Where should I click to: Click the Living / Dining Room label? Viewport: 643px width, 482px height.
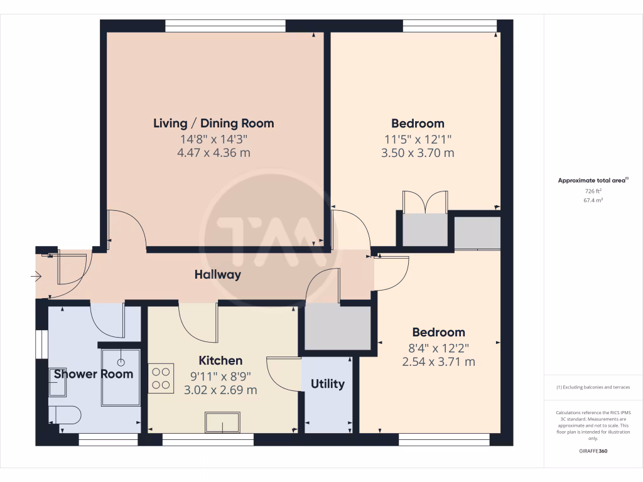pos(213,123)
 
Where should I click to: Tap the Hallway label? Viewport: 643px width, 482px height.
pos(217,274)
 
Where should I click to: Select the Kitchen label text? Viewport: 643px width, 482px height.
pos(220,360)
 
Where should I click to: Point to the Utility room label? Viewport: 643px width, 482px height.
pos(328,383)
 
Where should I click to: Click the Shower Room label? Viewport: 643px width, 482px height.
pos(94,374)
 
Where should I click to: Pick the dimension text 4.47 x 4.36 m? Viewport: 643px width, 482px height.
pos(213,153)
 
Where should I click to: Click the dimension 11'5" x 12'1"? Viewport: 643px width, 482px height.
pos(418,139)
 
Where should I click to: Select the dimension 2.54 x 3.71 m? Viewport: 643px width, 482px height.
pos(438,361)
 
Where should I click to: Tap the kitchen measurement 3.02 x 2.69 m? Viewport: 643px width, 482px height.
pos(220,390)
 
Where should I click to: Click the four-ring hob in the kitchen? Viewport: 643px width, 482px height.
pos(161,378)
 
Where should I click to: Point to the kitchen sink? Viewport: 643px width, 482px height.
pos(222,422)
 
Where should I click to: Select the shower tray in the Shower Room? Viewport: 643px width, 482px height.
pos(121,376)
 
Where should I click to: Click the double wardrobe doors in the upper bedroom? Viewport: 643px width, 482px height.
pos(425,202)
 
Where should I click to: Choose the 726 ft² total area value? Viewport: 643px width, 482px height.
pos(593,191)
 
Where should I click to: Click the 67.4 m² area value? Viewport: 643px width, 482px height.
pos(593,200)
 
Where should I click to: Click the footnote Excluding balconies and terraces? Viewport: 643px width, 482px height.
pos(593,387)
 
